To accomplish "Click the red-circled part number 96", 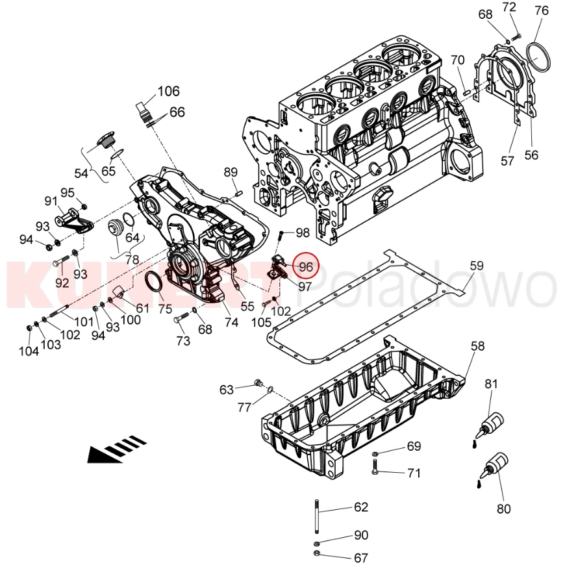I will pos(306,266).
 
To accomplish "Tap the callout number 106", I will pos(168,91).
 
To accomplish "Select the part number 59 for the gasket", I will pos(477,265).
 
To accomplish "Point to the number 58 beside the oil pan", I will pos(477,347).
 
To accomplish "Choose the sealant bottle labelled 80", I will pos(494,466).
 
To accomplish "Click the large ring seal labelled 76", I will pos(538,56).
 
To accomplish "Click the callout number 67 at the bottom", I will pos(361,557).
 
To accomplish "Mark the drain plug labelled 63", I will pos(258,383).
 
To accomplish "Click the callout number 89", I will pos(231,172).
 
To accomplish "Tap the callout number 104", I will pos(29,351).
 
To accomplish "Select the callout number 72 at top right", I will pos(509,7).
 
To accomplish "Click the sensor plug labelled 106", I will pos(144,111).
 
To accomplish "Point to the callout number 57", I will pos(507,160).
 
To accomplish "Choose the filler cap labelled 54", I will pos(105,140).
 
